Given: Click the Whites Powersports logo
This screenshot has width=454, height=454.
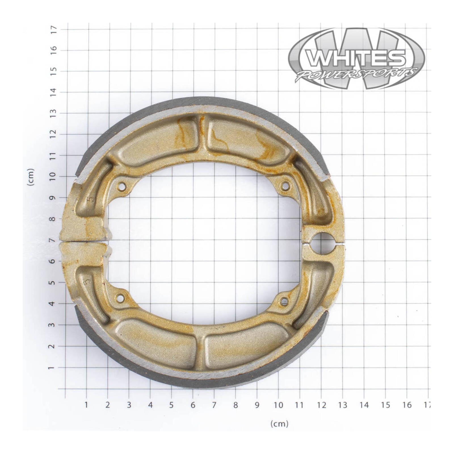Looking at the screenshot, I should pos(356,58).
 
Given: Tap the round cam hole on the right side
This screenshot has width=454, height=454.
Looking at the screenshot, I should pos(323,243).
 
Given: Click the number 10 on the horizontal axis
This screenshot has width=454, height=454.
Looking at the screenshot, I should pos(278,405).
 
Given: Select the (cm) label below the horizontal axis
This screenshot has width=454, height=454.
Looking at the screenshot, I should pos(279,424).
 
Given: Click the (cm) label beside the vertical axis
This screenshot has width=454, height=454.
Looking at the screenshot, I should pos(31,177).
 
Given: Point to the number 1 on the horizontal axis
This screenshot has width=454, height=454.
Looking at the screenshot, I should pos(86,405).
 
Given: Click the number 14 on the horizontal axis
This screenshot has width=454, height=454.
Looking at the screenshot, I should pos(364,405).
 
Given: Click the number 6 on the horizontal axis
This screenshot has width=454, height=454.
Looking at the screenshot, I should pos(193,405).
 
